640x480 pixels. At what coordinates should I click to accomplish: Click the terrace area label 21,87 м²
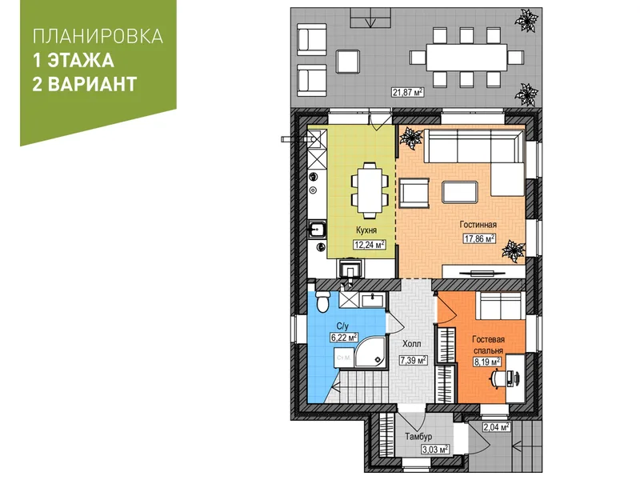pyautogui.click(x=407, y=92)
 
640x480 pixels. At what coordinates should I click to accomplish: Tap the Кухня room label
pyautogui.click(x=366, y=230)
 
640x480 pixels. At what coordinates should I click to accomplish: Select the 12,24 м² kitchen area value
pyautogui.click(x=370, y=245)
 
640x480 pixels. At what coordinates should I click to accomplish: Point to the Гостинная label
pyautogui.click(x=478, y=225)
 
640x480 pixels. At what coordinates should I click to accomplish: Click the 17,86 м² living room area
pyautogui.click(x=479, y=238)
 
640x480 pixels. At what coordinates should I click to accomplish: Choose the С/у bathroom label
pyautogui.click(x=342, y=326)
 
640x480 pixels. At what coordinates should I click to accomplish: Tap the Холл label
pyautogui.click(x=411, y=344)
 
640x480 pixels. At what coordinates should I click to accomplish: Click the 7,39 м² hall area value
pyautogui.click(x=413, y=360)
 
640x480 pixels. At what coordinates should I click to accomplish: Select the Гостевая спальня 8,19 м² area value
pyautogui.click(x=487, y=362)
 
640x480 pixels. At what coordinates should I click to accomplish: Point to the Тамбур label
pyautogui.click(x=418, y=436)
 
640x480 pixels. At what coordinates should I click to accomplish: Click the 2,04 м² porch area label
pyautogui.click(x=496, y=427)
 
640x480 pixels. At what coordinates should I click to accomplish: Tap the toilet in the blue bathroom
pyautogui.click(x=322, y=302)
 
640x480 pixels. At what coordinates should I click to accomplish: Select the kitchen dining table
pyautogui.click(x=370, y=190)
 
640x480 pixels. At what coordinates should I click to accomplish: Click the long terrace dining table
pyautogui.click(x=466, y=58)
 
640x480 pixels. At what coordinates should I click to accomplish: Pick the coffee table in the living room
pyautogui.click(x=459, y=192)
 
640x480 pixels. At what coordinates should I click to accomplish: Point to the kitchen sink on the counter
pyautogui.click(x=316, y=230)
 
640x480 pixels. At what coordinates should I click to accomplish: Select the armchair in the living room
pyautogui.click(x=414, y=193)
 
